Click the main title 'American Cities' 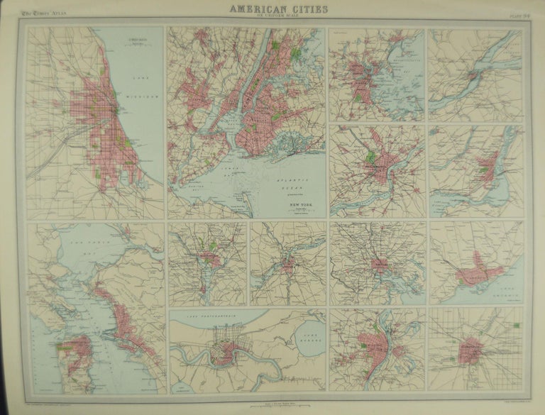click(x=272, y=9)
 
